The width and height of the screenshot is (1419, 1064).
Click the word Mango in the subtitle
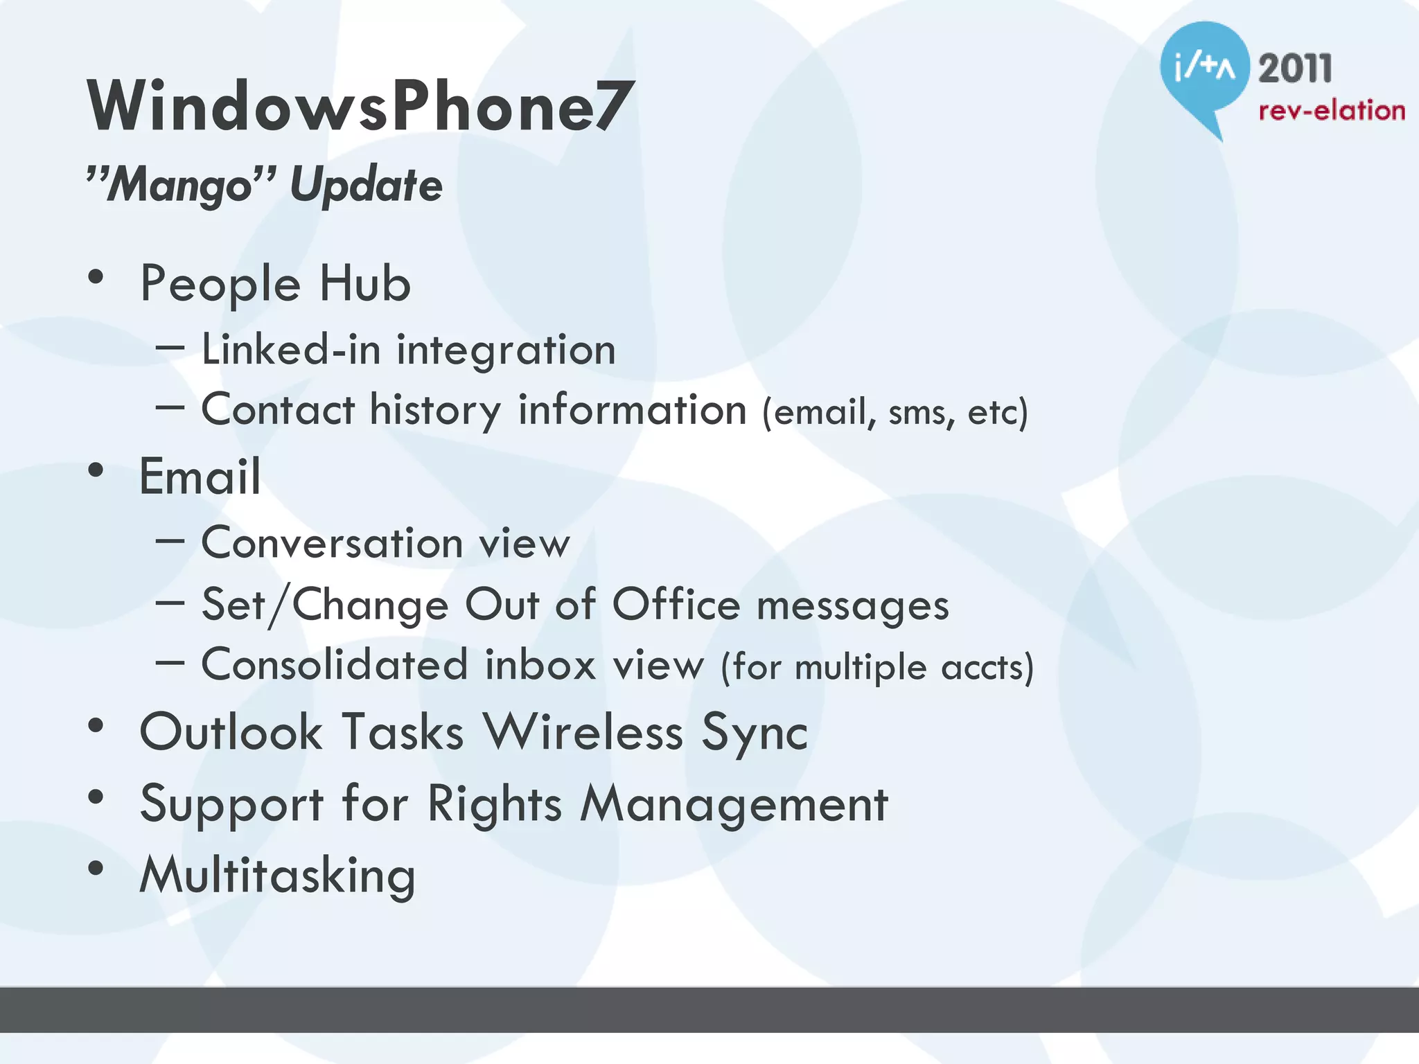(x=180, y=185)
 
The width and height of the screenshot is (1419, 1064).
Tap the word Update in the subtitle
(x=366, y=185)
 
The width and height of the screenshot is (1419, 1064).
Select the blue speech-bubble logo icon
(x=1204, y=69)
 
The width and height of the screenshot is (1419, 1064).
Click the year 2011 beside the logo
(x=1295, y=69)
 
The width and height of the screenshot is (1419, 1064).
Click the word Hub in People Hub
(x=365, y=284)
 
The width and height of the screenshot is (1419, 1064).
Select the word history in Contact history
(x=435, y=410)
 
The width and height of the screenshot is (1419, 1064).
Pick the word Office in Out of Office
(x=676, y=604)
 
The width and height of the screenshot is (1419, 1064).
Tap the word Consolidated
(x=335, y=664)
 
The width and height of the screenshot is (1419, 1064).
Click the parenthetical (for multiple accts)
(x=877, y=667)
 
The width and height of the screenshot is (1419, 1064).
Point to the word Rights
(x=494, y=804)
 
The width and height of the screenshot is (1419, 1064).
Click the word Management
(x=734, y=804)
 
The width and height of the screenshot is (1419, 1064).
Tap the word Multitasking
(x=277, y=876)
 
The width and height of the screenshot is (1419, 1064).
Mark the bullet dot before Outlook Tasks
(x=96, y=726)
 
